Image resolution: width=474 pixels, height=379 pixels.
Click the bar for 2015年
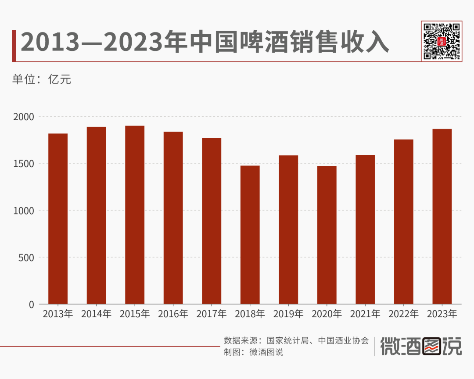pyautogui.click(x=135, y=215)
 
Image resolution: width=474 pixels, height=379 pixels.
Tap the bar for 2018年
pyautogui.click(x=250, y=235)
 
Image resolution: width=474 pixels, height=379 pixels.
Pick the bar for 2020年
pyautogui.click(x=327, y=235)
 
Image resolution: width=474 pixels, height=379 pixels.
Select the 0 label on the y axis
pyautogui.click(x=31, y=304)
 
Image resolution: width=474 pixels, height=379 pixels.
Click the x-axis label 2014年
pyautogui.click(x=96, y=315)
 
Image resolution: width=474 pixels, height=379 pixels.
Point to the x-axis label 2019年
pyautogui.click(x=288, y=315)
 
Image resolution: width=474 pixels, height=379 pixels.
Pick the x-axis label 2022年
pyautogui.click(x=404, y=315)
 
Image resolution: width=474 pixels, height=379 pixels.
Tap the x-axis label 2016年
pyautogui.click(x=173, y=315)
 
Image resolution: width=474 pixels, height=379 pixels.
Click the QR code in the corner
pyautogui.click(x=442, y=40)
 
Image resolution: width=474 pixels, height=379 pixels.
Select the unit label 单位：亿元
pyautogui.click(x=42, y=79)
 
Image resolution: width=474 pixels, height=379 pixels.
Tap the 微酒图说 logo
pyautogui.click(x=421, y=347)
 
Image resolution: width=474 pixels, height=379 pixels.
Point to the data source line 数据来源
pyautogui.click(x=296, y=340)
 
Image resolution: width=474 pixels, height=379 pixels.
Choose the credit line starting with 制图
pyautogui.click(x=253, y=352)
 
